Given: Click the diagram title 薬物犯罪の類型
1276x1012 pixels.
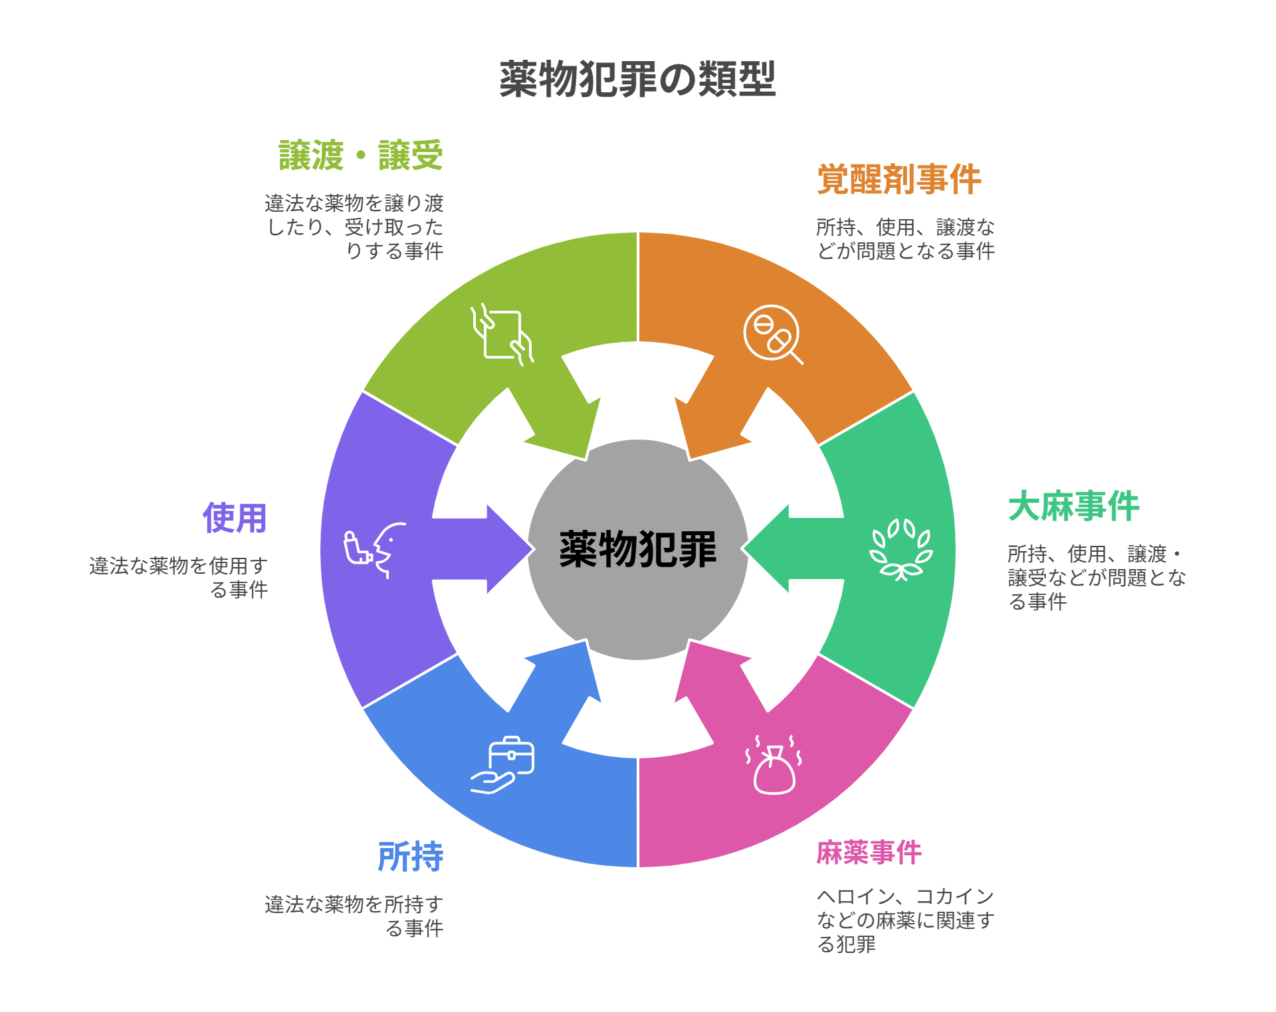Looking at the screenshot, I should pos(637,80).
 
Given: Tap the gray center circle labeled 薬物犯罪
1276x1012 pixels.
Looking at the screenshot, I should pos(637,549).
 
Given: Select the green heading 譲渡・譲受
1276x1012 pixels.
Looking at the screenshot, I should pos(361,155).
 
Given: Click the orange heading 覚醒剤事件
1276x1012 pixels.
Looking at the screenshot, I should pos(899,179).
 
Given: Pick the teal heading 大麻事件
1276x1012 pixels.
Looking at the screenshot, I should pos(1073,507).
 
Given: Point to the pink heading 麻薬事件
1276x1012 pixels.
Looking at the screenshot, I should pos(869,853).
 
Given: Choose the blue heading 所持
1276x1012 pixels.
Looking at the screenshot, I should pos(410,857).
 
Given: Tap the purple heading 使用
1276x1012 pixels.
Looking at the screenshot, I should pos(235,518).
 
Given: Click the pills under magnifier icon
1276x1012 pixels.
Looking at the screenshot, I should pos(773,334).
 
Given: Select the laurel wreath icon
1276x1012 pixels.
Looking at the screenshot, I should pos(901,549).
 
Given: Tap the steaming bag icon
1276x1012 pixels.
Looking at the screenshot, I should pos(774,765).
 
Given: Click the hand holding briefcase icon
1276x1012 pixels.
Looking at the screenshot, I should pos(503,765).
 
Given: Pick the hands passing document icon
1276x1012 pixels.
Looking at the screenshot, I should pos(502,334).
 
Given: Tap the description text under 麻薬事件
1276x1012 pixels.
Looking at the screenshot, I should pos(905,920).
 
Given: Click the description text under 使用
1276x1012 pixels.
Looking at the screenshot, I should pos(179,577).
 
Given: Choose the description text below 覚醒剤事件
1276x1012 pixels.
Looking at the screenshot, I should pos(905,239).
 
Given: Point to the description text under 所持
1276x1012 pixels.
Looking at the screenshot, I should pos(354,916).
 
